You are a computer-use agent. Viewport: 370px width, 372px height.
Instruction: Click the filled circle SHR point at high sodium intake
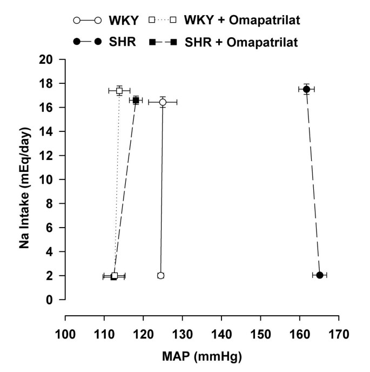click(x=307, y=89)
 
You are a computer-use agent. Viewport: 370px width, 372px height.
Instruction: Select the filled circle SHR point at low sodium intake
click(x=320, y=275)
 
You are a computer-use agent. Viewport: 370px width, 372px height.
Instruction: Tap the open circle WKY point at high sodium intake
click(x=163, y=102)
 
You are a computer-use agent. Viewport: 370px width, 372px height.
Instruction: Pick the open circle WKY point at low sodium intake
click(x=160, y=276)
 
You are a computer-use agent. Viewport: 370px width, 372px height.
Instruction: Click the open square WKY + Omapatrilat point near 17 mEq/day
click(x=119, y=90)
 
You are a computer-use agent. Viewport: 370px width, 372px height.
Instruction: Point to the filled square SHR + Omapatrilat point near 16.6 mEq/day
click(x=136, y=100)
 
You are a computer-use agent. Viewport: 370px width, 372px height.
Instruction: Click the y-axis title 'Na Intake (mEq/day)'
click(x=24, y=180)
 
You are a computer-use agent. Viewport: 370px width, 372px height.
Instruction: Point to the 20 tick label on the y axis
click(x=50, y=60)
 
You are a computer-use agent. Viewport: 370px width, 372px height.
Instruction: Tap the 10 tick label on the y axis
click(x=50, y=180)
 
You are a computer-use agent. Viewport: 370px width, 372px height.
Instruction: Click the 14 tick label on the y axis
click(x=50, y=132)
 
